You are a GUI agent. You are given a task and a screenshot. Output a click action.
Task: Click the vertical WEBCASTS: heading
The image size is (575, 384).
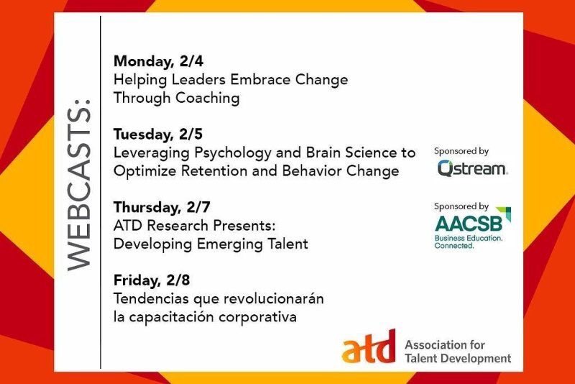(x=80, y=190)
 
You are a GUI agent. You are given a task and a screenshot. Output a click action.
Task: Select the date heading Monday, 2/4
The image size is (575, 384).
(x=155, y=60)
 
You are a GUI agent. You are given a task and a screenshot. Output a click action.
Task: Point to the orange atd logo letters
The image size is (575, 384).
(x=368, y=351)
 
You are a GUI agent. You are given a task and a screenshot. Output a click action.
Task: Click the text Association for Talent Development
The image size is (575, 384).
(x=457, y=351)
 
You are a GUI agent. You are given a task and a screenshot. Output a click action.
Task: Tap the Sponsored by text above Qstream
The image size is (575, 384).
(x=461, y=151)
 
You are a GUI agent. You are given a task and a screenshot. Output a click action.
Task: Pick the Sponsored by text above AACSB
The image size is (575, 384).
(x=461, y=206)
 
